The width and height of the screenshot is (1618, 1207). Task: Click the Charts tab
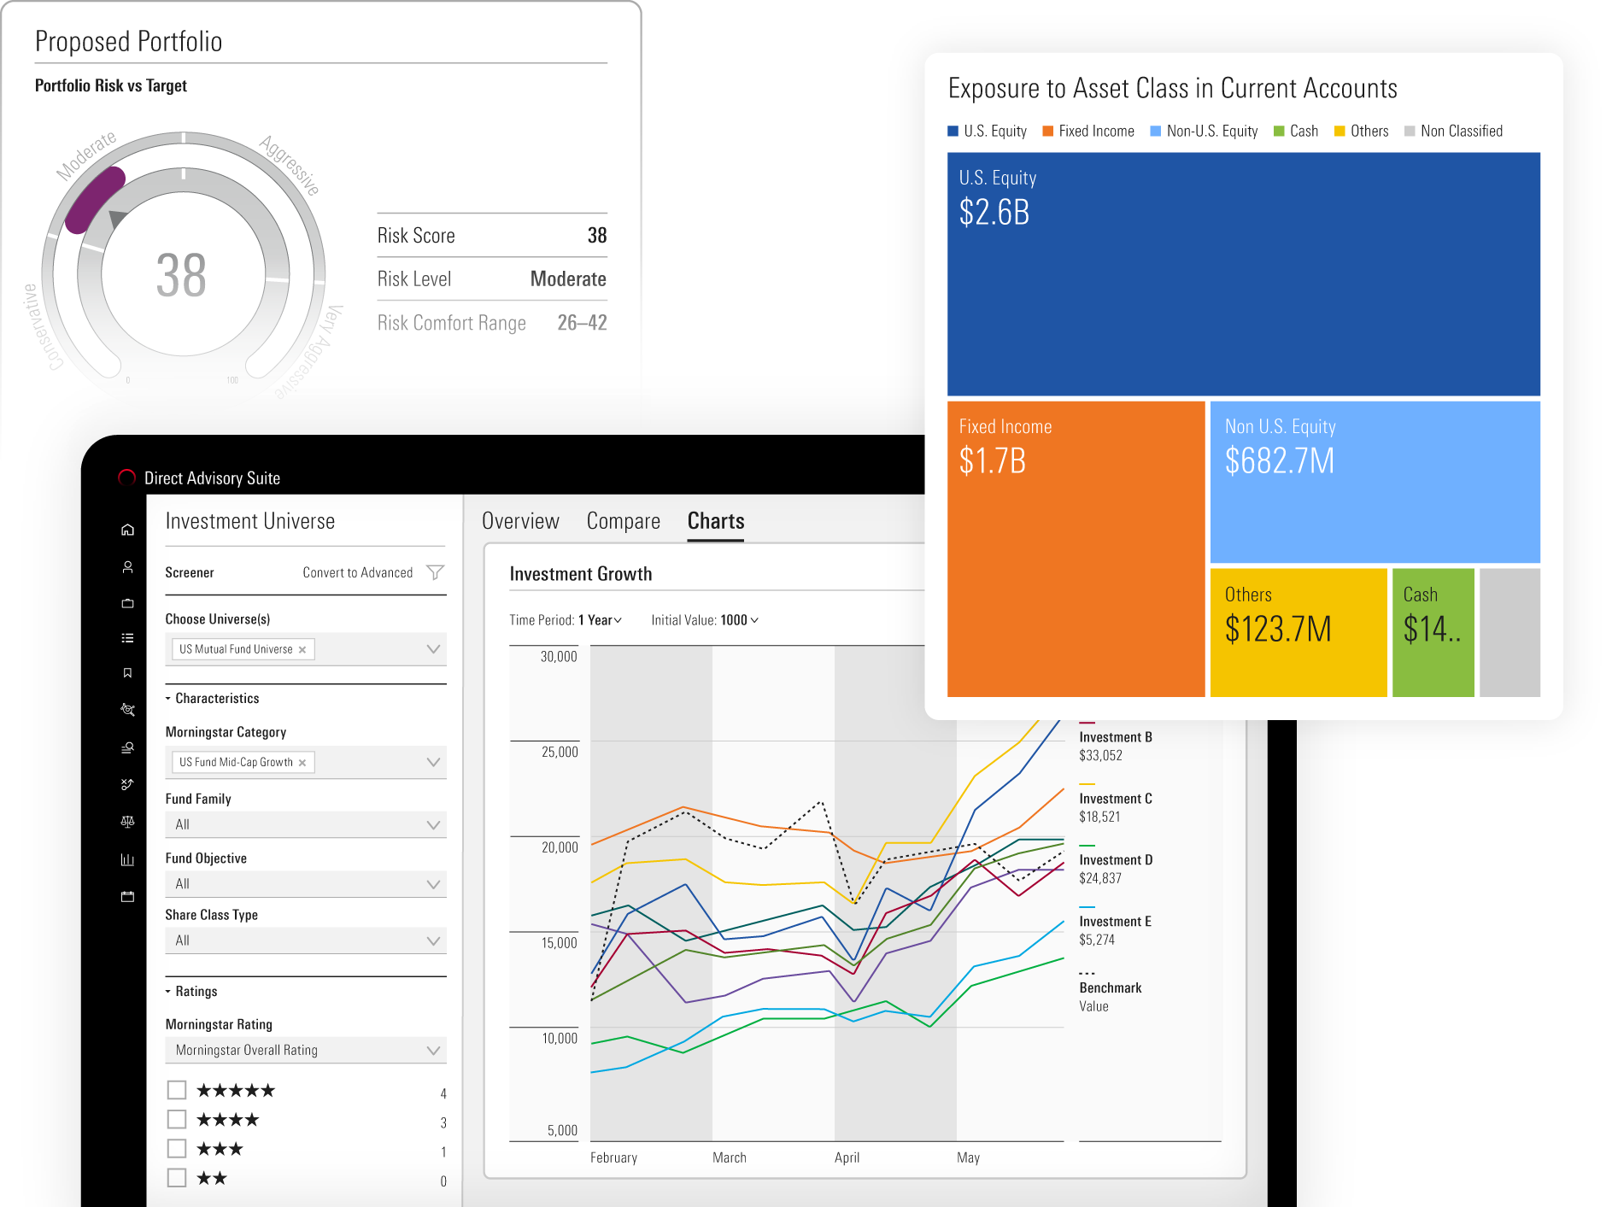coord(716,521)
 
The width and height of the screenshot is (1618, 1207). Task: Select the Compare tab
coord(623,521)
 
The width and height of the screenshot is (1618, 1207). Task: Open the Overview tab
coord(520,521)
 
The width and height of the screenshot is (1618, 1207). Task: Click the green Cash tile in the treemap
coord(1433,632)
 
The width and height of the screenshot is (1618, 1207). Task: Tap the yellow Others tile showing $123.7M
coord(1298,632)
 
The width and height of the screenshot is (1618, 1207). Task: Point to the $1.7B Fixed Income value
coord(992,461)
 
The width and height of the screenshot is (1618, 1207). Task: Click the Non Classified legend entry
coord(1453,131)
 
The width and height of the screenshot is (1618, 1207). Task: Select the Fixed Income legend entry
coord(1088,131)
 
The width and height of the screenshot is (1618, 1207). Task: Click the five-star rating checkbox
coord(177,1090)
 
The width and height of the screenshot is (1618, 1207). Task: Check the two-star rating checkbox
coord(177,1178)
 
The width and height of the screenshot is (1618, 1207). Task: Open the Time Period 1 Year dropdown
coord(601,620)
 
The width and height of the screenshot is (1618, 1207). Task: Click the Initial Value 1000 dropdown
coord(705,620)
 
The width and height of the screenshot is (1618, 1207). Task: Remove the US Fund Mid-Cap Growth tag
coord(302,763)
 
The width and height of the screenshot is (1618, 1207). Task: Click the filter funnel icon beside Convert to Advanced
coord(435,572)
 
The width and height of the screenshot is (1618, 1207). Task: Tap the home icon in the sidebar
coord(127,530)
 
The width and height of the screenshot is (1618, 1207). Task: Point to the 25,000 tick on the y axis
coord(560,752)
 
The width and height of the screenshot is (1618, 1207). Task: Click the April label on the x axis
coord(847,1157)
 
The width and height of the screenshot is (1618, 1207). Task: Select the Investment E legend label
coord(1115,922)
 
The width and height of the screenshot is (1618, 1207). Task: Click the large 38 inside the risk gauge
coord(181,276)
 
